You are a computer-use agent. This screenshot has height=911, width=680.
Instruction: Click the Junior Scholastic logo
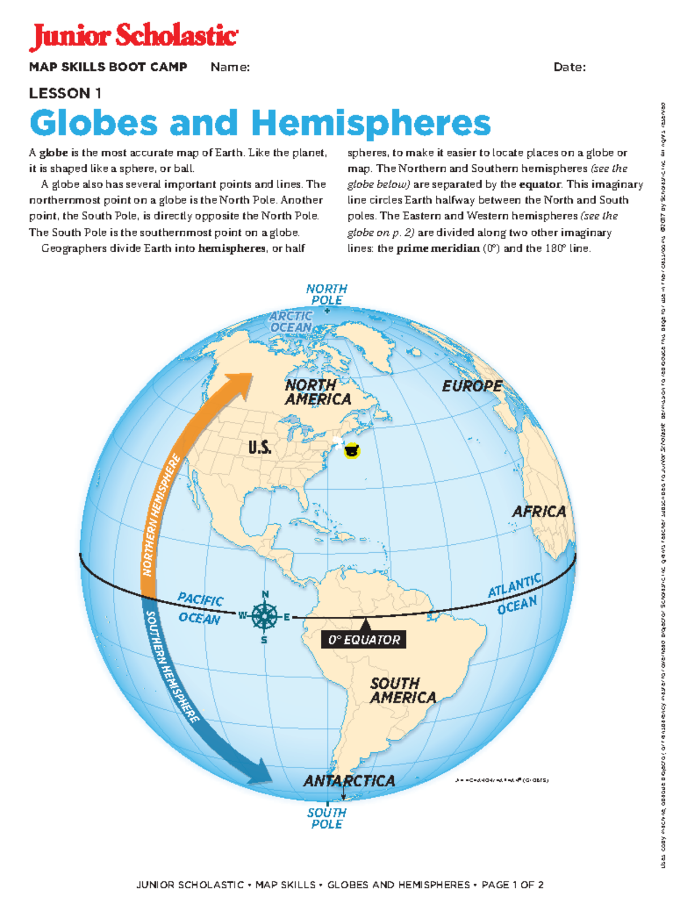tap(134, 37)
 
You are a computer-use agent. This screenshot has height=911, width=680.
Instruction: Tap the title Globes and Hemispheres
tap(260, 123)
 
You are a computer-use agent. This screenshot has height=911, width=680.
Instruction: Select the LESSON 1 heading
tap(65, 93)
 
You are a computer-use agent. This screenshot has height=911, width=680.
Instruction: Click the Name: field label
tap(230, 67)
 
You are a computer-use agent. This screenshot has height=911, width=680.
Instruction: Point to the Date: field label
tap(569, 67)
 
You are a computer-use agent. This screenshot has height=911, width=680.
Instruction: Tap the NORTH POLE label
tap(327, 294)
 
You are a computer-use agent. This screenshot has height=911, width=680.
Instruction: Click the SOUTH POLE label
tap(327, 818)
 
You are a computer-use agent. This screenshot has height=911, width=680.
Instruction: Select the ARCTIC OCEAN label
tap(291, 321)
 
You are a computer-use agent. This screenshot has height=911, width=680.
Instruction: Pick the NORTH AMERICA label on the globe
tap(317, 392)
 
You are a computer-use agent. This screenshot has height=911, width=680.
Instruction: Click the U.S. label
tap(260, 448)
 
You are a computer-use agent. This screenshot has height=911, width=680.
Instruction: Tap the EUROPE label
tap(472, 386)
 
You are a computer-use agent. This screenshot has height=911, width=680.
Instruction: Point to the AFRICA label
tap(539, 511)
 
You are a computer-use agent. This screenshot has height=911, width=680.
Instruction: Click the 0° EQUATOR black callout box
tap(364, 639)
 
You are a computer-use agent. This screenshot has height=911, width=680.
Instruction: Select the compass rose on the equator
tap(264, 616)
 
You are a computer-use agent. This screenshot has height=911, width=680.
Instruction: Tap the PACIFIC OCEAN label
tap(200, 609)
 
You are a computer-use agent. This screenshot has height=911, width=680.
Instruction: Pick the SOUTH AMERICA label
tap(403, 690)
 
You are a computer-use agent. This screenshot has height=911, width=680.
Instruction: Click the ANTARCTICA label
tap(349, 781)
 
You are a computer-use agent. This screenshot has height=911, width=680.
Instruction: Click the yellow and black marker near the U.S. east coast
tap(352, 451)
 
